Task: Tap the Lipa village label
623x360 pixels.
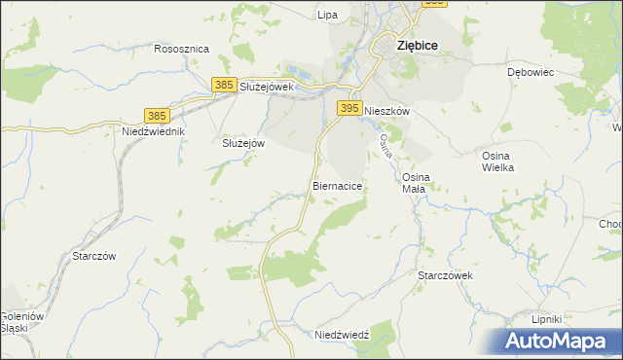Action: pos(327,15)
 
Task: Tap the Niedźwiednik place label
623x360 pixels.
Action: pos(153,131)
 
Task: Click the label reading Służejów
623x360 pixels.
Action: pos(243,142)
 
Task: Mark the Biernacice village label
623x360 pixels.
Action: pos(339,184)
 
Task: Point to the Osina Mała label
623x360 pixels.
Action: pos(415,182)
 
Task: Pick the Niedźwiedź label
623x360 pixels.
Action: pos(342,334)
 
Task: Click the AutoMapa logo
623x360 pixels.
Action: pos(557,341)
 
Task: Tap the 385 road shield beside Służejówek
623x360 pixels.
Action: pos(224,86)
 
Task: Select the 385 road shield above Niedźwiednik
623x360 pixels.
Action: pos(157,115)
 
